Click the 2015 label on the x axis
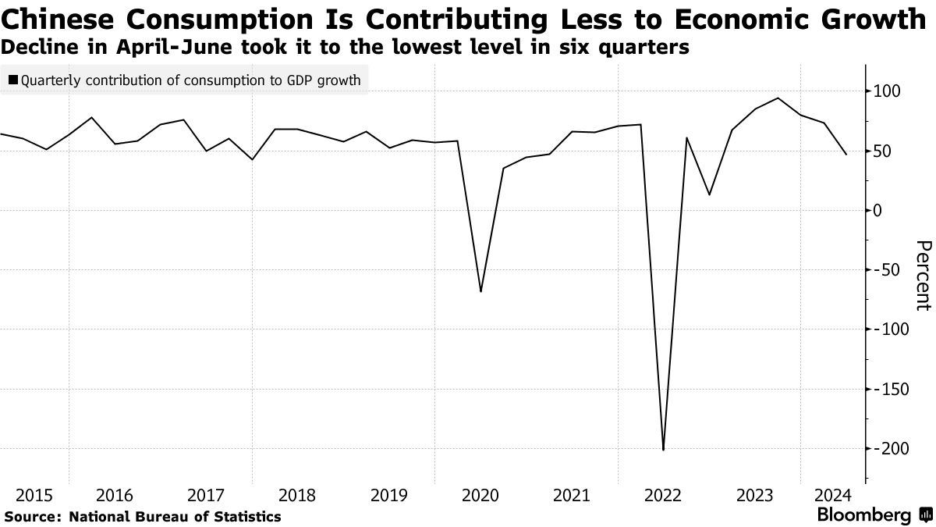(x=34, y=495)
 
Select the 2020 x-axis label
(x=480, y=495)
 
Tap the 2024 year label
(x=832, y=495)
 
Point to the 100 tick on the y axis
(x=887, y=92)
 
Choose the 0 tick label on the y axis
(x=879, y=211)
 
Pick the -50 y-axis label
(x=887, y=271)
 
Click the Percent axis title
(x=922, y=275)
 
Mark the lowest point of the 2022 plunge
(x=664, y=450)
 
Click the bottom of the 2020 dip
(x=480, y=291)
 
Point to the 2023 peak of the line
(x=778, y=98)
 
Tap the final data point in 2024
(x=846, y=155)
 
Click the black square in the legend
(x=14, y=80)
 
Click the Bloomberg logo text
(x=863, y=515)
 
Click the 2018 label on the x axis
(x=296, y=495)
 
